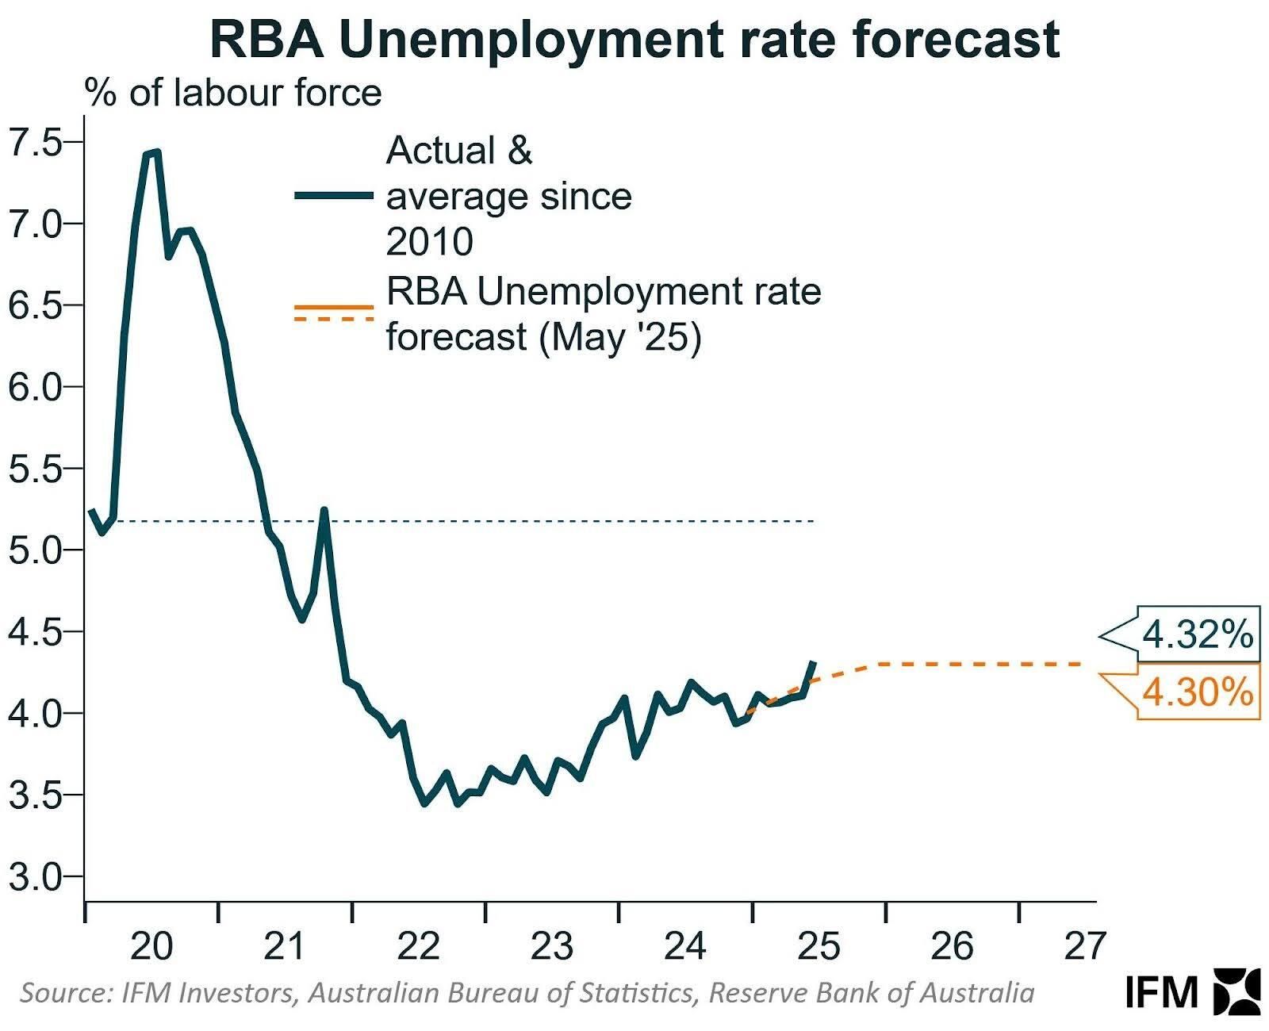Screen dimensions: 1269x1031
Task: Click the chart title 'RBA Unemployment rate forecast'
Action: [x=634, y=40]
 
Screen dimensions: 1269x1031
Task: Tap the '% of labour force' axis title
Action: [x=233, y=93]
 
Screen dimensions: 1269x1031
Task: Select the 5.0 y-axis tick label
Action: [x=36, y=550]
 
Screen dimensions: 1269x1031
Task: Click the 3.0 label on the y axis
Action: [x=36, y=876]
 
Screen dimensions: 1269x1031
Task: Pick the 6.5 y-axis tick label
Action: [x=36, y=305]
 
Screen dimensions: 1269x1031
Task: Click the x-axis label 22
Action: [x=418, y=946]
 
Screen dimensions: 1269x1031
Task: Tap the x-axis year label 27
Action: [x=1084, y=946]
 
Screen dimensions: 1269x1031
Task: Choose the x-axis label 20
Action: [x=151, y=946]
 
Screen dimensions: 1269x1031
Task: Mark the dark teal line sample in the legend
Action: [x=334, y=196]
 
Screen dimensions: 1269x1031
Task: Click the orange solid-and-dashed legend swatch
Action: [x=334, y=312]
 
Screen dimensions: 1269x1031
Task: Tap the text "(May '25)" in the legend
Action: [x=620, y=338]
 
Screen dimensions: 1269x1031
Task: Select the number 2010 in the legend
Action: [x=430, y=241]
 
